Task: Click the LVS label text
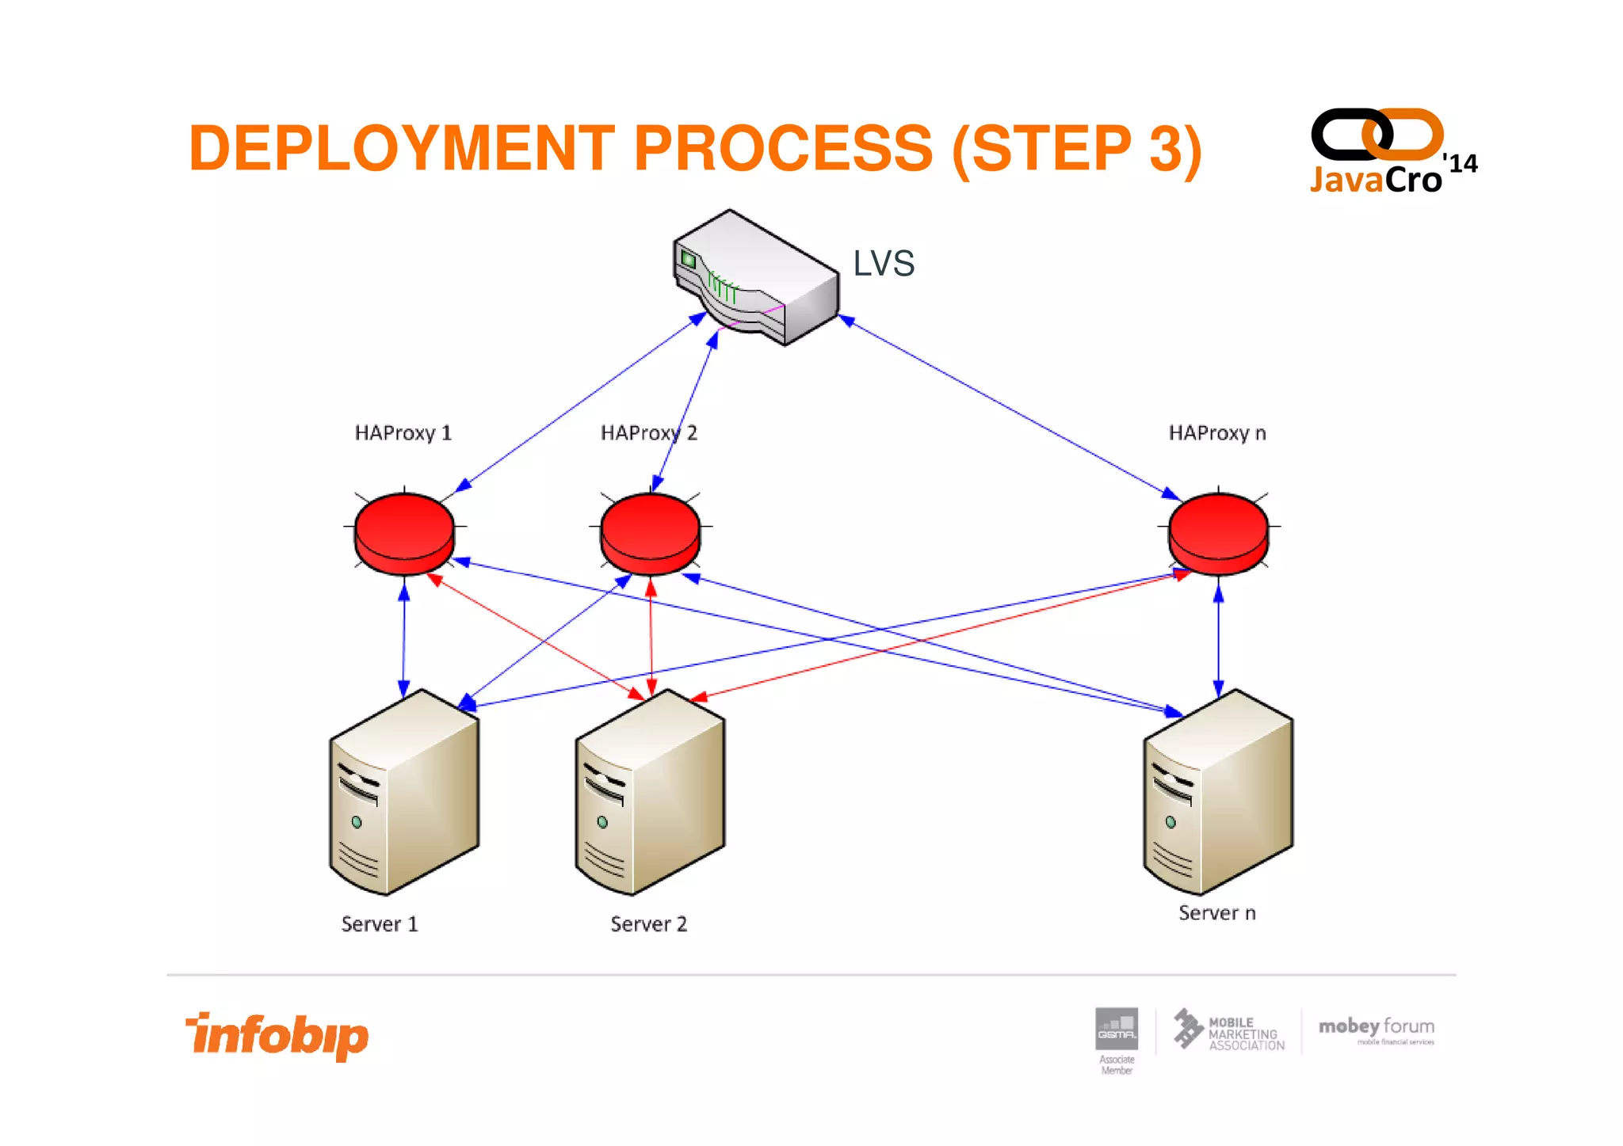coord(884,264)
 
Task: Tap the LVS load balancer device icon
coord(755,277)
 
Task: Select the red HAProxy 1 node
coord(404,532)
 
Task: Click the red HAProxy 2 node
coord(650,532)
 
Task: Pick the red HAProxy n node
coord(1218,532)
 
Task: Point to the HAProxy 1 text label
coord(403,433)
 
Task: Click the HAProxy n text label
coord(1217,433)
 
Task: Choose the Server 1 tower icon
coord(404,792)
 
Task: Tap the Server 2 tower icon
coord(650,792)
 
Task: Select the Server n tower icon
coord(1218,792)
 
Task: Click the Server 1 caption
coord(380,924)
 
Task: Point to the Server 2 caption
coord(648,924)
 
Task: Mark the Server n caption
coord(1217,913)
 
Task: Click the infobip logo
coord(277,1035)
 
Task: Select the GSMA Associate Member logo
coord(1117,1037)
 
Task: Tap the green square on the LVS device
coord(688,259)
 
